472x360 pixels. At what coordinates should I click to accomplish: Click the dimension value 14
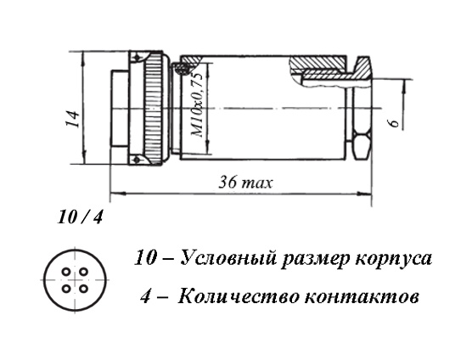click(74, 119)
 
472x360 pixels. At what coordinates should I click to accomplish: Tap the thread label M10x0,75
click(198, 104)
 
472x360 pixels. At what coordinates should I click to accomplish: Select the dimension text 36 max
click(245, 183)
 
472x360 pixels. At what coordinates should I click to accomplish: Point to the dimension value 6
click(395, 122)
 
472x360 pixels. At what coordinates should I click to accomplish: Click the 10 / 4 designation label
click(80, 217)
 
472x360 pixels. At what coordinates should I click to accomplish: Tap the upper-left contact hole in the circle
click(66, 272)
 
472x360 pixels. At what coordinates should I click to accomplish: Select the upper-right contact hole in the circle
click(83, 272)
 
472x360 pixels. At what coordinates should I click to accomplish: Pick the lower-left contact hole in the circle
click(66, 289)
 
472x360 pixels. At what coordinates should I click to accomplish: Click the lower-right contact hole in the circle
click(83, 289)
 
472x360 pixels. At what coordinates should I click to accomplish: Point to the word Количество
click(239, 296)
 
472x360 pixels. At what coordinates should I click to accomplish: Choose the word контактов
click(362, 297)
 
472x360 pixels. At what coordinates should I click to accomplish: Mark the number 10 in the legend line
click(146, 259)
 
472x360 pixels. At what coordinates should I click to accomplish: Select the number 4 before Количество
click(145, 296)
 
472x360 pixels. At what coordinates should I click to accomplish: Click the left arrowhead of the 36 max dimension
click(115, 192)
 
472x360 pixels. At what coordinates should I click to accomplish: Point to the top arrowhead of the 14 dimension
click(83, 57)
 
